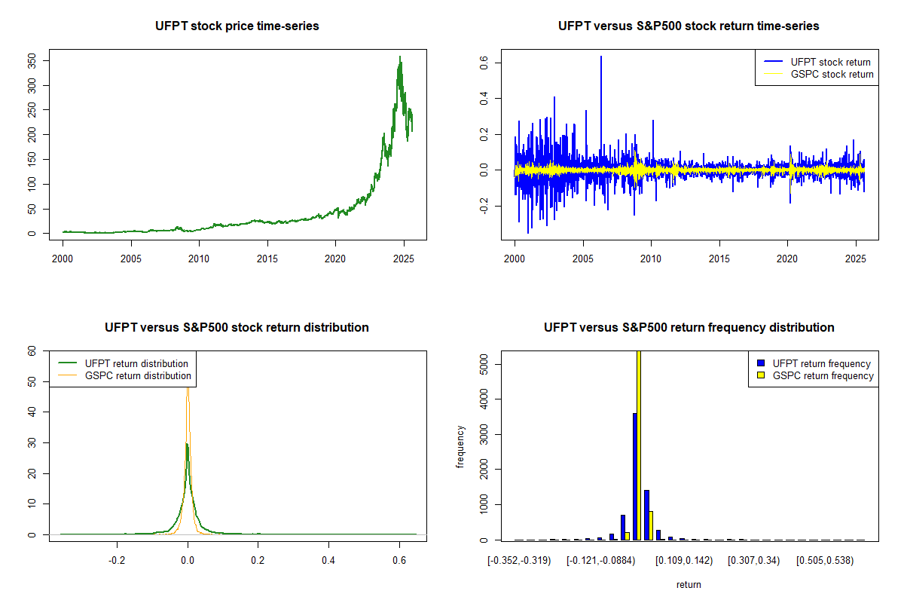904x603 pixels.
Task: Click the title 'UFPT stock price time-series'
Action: coord(237,26)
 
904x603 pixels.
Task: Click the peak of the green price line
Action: coord(400,57)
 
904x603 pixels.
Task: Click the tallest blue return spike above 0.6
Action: coord(601,57)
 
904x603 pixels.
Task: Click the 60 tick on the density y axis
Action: coord(32,351)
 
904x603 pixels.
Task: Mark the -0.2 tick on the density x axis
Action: coord(118,561)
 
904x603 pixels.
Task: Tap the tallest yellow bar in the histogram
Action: coord(639,445)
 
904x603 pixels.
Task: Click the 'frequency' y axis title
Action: coord(460,447)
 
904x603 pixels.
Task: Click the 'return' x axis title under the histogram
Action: coord(689,584)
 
